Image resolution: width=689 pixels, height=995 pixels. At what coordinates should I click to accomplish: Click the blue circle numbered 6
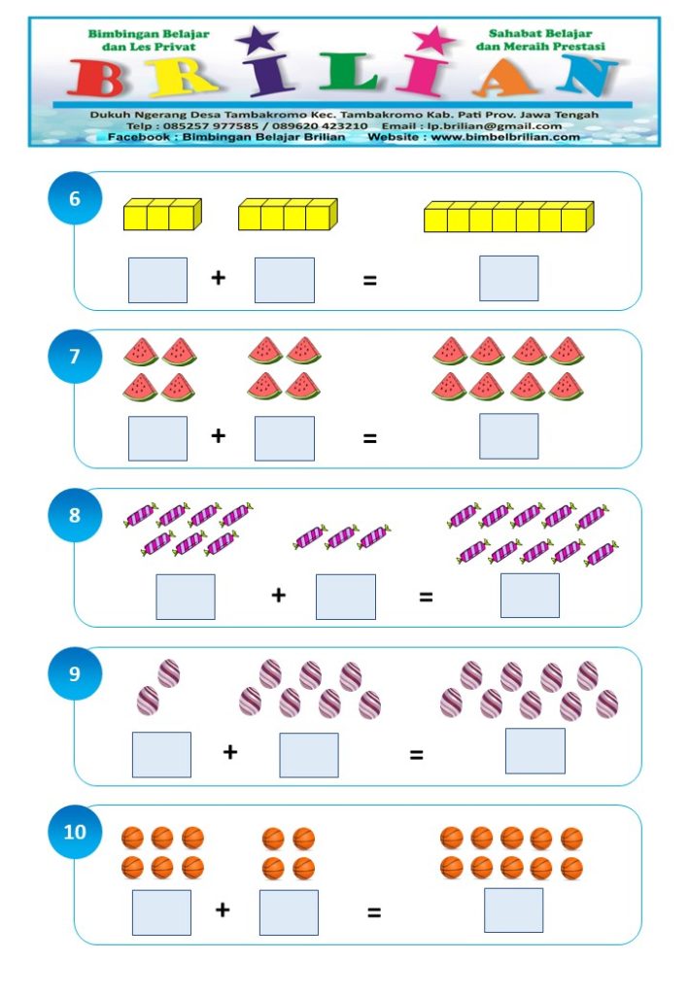click(x=75, y=198)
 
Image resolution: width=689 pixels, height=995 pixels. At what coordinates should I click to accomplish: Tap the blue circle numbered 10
click(x=75, y=832)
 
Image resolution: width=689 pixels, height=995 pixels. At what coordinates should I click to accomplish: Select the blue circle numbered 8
click(x=75, y=515)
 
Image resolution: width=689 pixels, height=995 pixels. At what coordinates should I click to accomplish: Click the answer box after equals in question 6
click(x=509, y=278)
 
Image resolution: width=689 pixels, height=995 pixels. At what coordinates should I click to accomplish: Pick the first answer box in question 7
click(x=157, y=438)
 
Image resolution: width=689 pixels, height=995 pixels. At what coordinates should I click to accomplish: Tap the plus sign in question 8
click(x=279, y=595)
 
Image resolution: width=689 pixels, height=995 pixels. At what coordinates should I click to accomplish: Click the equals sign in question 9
click(x=416, y=754)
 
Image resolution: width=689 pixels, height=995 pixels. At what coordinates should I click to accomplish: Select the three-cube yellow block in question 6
click(x=162, y=214)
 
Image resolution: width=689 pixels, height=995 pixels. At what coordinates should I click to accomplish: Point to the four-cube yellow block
click(x=288, y=214)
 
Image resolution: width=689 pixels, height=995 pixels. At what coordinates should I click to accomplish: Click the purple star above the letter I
click(x=257, y=40)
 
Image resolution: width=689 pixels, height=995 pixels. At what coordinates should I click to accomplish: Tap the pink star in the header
click(x=434, y=40)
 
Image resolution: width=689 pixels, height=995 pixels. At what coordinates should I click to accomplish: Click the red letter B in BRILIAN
click(x=96, y=78)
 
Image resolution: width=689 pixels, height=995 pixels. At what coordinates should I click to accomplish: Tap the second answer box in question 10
click(x=289, y=912)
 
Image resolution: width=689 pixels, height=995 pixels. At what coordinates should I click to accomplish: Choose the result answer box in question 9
click(x=534, y=751)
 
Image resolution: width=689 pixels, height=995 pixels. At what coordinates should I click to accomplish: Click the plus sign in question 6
click(x=219, y=277)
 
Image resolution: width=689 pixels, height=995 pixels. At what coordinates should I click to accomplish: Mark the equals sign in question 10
click(x=374, y=912)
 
